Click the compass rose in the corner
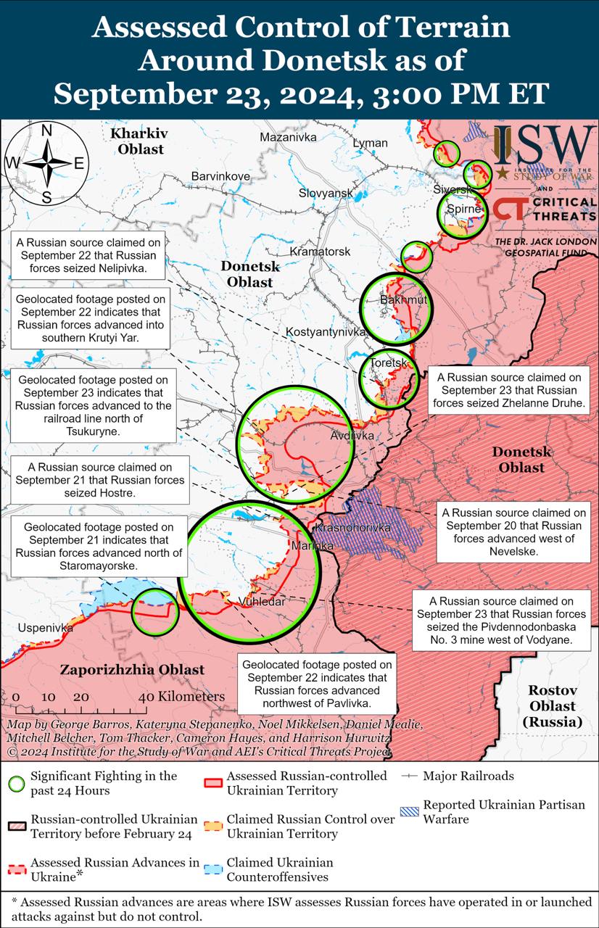pyautogui.click(x=46, y=163)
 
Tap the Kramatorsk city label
pyautogui.click(x=319, y=252)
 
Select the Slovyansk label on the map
pyautogui.click(x=326, y=193)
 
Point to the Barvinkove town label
pyautogui.click(x=220, y=176)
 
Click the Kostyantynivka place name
pyautogui.click(x=326, y=331)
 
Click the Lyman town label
pyautogui.click(x=370, y=143)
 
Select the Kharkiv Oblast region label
pyautogui.click(x=139, y=141)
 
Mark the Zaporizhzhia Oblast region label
pyautogui.click(x=132, y=670)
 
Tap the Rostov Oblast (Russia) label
pyautogui.click(x=552, y=705)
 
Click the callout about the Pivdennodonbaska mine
pyautogui.click(x=501, y=621)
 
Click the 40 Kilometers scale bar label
pyautogui.click(x=181, y=697)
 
